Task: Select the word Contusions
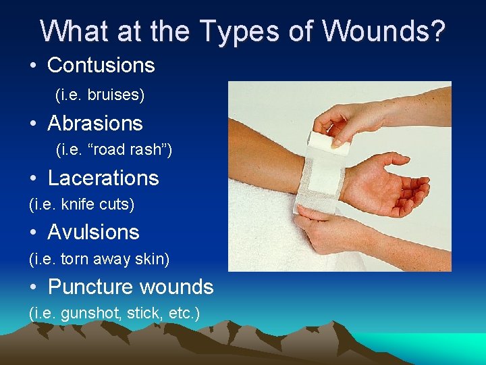click(101, 66)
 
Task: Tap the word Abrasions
click(95, 124)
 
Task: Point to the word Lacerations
click(103, 178)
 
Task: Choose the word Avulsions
click(93, 233)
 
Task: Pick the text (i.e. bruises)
click(100, 95)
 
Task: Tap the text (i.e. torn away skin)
click(99, 259)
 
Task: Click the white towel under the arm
click(270, 230)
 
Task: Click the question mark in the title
click(437, 31)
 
